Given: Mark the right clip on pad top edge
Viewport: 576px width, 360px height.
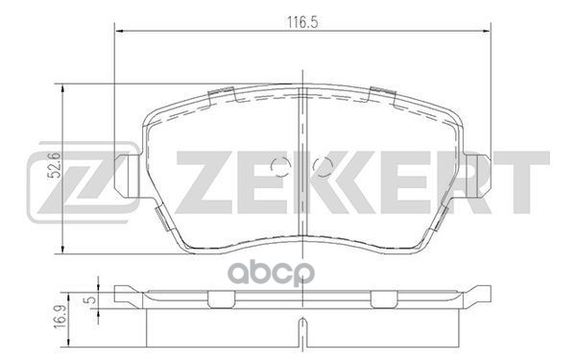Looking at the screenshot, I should [x=381, y=94].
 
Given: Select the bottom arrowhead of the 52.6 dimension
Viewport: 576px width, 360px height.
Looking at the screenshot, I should [x=64, y=247].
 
